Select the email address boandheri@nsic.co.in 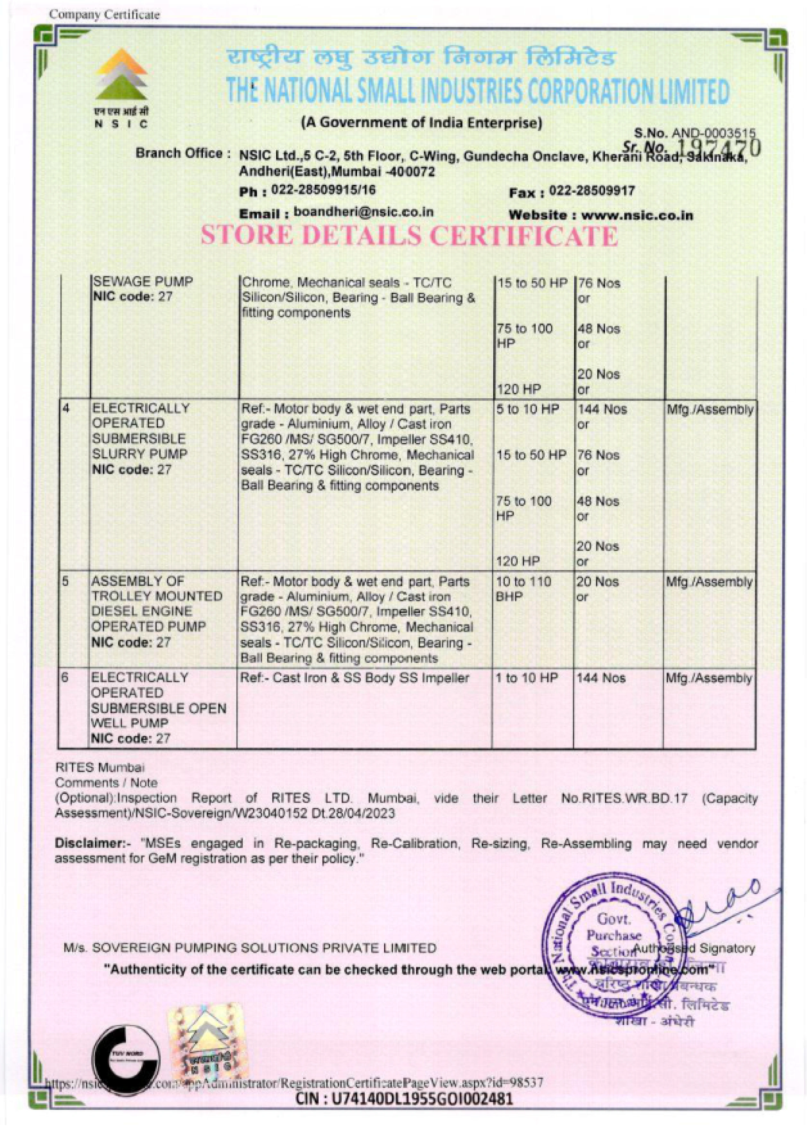coord(363,212)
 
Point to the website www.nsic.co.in coord(637,215)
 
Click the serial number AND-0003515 coord(714,134)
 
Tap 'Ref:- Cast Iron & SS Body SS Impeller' coord(355,678)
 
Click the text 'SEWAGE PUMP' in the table coord(142,282)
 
